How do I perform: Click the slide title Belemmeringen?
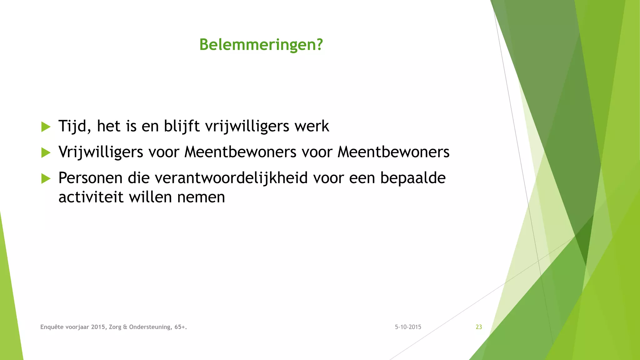[261, 44]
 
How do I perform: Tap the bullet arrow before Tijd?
[46, 127]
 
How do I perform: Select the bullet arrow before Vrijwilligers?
[46, 153]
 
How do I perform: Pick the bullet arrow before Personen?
[46, 179]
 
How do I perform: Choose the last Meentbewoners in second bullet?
[393, 152]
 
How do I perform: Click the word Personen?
[90, 178]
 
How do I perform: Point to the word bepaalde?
[412, 178]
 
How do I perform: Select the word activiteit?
[91, 197]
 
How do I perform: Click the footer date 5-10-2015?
[408, 327]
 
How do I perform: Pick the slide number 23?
[479, 327]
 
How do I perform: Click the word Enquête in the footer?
[52, 327]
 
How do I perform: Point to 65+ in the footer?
[180, 327]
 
